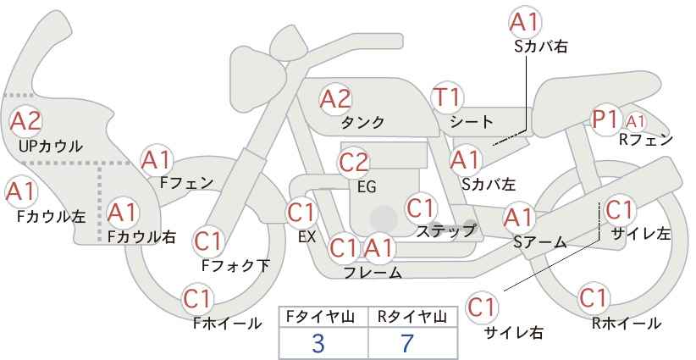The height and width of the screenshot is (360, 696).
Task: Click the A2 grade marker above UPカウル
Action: [x=25, y=121]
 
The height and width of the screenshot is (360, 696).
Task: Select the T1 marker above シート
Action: [x=447, y=97]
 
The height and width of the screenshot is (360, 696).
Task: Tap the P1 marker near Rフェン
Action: [x=606, y=119]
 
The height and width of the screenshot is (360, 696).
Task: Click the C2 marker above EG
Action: [x=353, y=163]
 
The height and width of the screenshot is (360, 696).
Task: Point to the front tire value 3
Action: [x=318, y=343]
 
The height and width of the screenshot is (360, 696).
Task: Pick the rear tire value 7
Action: [x=407, y=343]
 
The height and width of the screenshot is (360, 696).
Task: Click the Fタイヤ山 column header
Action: [x=320, y=317]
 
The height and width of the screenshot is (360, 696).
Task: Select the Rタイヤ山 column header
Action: [x=412, y=317]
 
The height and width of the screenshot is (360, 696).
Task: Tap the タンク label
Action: [x=362, y=123]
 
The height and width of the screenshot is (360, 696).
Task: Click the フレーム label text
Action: [x=373, y=272]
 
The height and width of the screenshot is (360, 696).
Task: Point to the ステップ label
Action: [x=445, y=231]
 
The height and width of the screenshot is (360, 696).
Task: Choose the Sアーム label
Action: [x=540, y=242]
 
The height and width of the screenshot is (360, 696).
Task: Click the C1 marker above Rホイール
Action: [x=593, y=298]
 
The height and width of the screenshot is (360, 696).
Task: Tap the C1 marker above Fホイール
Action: [x=197, y=299]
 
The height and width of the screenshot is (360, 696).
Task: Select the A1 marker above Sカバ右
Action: [x=525, y=22]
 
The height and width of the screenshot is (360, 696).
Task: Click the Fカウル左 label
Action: [x=52, y=217]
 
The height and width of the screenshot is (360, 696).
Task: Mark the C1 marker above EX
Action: [x=301, y=213]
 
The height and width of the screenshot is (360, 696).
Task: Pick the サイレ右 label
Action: [x=513, y=332]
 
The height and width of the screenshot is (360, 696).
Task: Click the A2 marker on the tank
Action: [x=335, y=99]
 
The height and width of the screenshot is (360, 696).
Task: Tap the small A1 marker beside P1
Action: [x=635, y=121]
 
